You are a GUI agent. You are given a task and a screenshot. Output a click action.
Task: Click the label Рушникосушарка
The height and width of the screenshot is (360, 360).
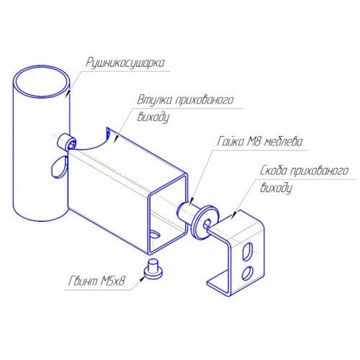(125, 63)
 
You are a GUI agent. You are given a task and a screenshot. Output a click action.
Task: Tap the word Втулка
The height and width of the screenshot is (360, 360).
(155, 99)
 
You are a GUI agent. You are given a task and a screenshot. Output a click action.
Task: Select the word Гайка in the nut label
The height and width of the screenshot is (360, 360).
(230, 141)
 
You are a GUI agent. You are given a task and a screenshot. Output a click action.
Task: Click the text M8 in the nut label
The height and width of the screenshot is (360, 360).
(254, 141)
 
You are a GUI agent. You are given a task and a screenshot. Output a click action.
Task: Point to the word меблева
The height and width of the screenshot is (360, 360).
(283, 141)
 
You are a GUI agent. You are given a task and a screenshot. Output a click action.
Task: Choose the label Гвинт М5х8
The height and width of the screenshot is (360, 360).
(96, 281)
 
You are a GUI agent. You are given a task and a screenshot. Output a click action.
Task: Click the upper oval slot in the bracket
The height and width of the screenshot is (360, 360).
(248, 252)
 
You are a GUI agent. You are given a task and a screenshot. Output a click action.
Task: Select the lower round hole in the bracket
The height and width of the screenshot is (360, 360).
(247, 273)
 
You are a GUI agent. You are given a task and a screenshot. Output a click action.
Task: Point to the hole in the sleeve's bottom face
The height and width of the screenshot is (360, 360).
(155, 234)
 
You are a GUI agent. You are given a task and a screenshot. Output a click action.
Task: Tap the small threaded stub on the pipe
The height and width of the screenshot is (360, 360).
(67, 143)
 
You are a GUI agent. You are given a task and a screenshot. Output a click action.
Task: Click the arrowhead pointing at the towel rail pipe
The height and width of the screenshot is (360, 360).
(68, 92)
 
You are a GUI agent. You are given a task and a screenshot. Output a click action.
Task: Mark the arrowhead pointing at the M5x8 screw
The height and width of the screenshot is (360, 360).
(143, 279)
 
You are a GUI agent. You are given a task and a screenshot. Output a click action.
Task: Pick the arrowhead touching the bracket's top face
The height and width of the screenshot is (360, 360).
(234, 215)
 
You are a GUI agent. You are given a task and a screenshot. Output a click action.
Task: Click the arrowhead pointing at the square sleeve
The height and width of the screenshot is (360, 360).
(116, 138)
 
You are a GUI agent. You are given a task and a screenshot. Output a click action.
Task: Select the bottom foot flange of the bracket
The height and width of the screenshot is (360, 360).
(218, 282)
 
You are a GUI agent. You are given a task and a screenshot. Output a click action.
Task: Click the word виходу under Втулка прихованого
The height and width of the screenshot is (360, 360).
(153, 117)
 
